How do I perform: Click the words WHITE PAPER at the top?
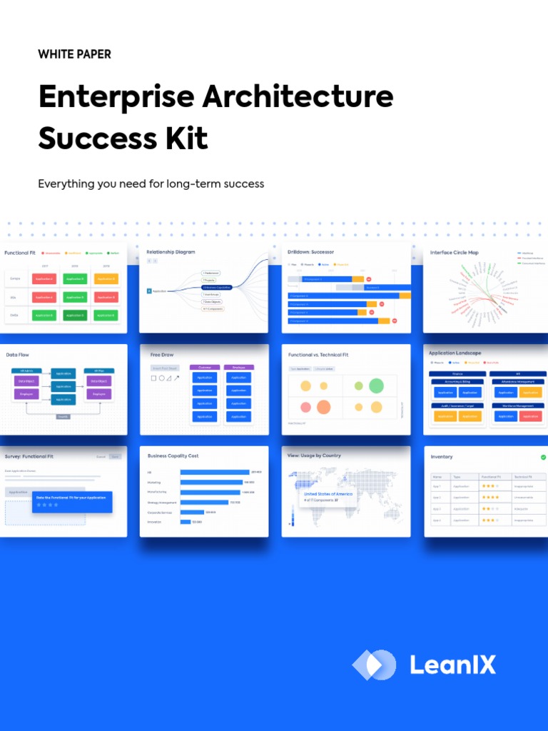click(x=75, y=54)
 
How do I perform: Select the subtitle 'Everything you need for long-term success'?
click(x=151, y=184)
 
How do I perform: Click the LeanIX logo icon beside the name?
click(x=374, y=665)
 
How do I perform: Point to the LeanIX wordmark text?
click(x=452, y=665)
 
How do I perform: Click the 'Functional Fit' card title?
click(x=20, y=253)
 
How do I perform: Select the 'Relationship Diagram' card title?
click(x=171, y=252)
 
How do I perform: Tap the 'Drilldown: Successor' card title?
click(x=310, y=252)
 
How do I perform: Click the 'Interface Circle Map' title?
click(x=455, y=253)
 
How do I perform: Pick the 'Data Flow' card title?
click(x=18, y=355)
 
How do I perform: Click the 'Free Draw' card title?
click(x=162, y=355)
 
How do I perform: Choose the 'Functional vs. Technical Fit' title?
click(x=318, y=355)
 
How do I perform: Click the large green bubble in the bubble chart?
click(x=376, y=386)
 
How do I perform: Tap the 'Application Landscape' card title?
click(x=455, y=353)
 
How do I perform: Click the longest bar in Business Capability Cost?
click(x=215, y=472)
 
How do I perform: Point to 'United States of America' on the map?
click(x=328, y=494)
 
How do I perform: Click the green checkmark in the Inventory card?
click(x=543, y=457)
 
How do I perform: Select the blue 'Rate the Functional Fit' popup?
click(x=72, y=501)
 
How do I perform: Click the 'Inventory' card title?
click(x=442, y=457)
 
